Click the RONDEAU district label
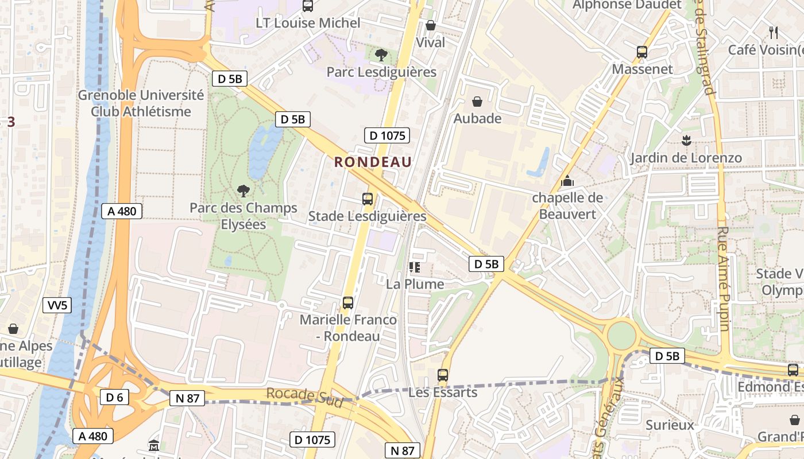click(x=373, y=162)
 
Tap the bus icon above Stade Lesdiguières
click(x=368, y=199)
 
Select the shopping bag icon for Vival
click(x=430, y=25)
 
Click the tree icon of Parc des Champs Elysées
click(x=243, y=190)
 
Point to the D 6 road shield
click(x=115, y=397)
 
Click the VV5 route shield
click(x=57, y=305)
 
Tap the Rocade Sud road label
click(x=304, y=397)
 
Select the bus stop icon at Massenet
click(x=642, y=52)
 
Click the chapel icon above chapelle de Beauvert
click(x=567, y=181)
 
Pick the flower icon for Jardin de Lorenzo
click(x=686, y=140)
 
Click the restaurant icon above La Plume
click(x=414, y=267)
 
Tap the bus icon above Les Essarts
click(x=442, y=375)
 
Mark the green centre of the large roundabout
click(x=622, y=336)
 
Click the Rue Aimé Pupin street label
click(x=723, y=278)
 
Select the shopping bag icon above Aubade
click(x=477, y=102)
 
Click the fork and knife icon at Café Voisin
click(x=773, y=32)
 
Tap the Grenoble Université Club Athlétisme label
click(x=141, y=103)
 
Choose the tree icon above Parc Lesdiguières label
click(x=380, y=55)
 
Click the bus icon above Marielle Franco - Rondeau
click(x=347, y=302)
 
